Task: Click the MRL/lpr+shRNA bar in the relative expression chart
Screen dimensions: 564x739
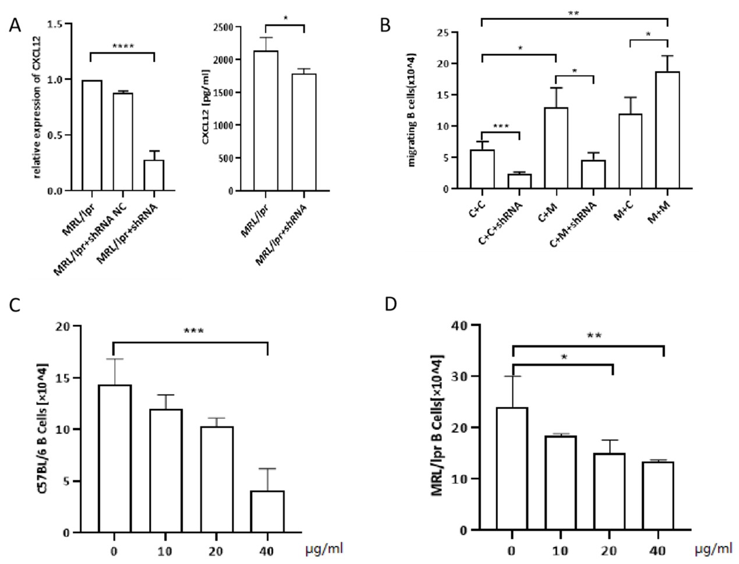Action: (x=154, y=175)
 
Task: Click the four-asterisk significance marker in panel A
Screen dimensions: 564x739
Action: (x=122, y=46)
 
